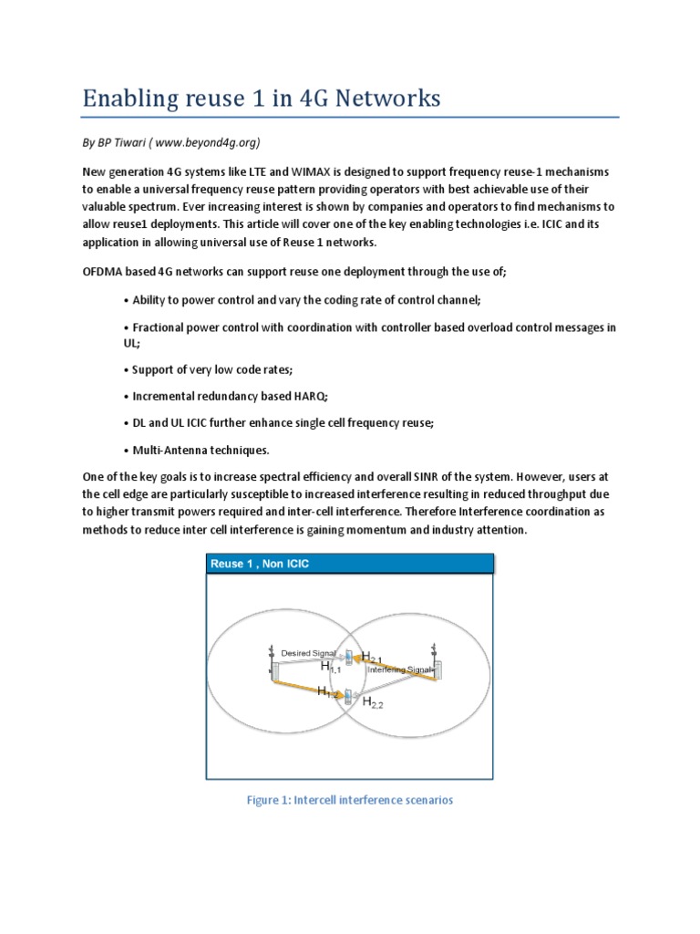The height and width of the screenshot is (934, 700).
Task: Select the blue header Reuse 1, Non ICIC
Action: coord(260,564)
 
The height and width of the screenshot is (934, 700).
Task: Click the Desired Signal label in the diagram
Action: coord(308,653)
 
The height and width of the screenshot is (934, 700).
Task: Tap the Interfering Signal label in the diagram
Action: coord(398,669)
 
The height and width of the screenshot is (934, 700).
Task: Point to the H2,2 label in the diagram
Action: coord(373,702)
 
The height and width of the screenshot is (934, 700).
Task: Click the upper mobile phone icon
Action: coord(348,656)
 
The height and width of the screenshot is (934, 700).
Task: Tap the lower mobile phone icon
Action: coord(346,698)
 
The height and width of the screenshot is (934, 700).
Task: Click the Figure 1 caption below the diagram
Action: coord(349,800)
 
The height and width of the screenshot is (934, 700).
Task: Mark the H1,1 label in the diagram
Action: coord(330,668)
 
